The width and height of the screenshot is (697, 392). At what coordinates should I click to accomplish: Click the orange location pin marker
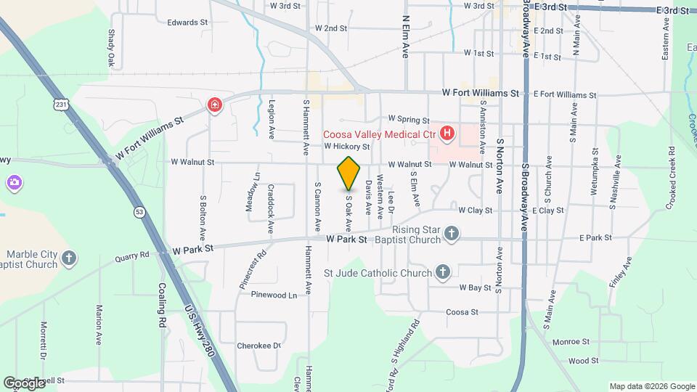click(x=349, y=173)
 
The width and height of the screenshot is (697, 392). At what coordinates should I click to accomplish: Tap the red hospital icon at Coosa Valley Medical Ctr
click(x=447, y=134)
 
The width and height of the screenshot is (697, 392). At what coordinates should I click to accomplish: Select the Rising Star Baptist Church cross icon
click(x=452, y=233)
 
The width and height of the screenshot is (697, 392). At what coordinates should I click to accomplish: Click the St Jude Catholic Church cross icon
click(x=443, y=273)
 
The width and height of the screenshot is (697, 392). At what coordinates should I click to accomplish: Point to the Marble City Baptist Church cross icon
click(x=69, y=258)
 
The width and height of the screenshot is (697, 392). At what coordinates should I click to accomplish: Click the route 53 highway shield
click(x=138, y=212)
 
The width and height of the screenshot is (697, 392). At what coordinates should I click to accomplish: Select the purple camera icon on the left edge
click(x=14, y=181)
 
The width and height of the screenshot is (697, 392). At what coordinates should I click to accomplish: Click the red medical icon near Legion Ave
click(x=214, y=106)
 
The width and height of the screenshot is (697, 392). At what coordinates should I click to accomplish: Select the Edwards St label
click(x=187, y=23)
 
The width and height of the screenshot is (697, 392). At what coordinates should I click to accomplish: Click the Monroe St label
click(x=571, y=341)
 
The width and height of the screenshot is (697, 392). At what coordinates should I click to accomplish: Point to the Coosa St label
click(x=462, y=312)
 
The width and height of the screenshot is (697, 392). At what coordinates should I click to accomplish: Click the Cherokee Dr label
click(x=258, y=346)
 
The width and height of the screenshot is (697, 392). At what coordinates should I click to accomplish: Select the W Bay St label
click(x=475, y=287)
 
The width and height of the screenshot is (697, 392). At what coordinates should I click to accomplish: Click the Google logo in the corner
click(x=25, y=383)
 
